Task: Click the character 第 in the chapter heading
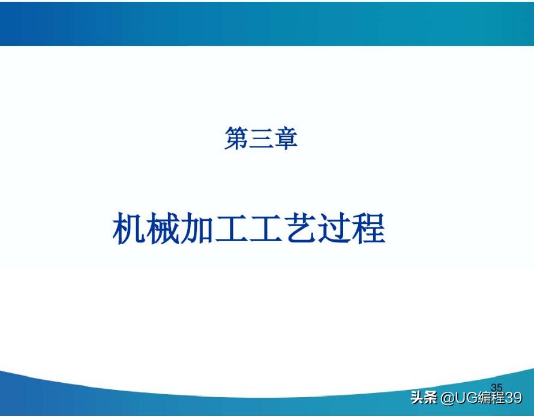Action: pos(236,139)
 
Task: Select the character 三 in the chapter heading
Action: pos(261,139)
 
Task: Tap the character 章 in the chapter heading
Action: pos(286,139)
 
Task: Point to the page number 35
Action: pos(497,387)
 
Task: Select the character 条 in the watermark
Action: pos(430,398)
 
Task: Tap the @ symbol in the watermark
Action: pos(446,398)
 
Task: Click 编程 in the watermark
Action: pos(491,398)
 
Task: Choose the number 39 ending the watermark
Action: pos(514,398)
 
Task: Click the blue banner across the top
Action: pos(267,23)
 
